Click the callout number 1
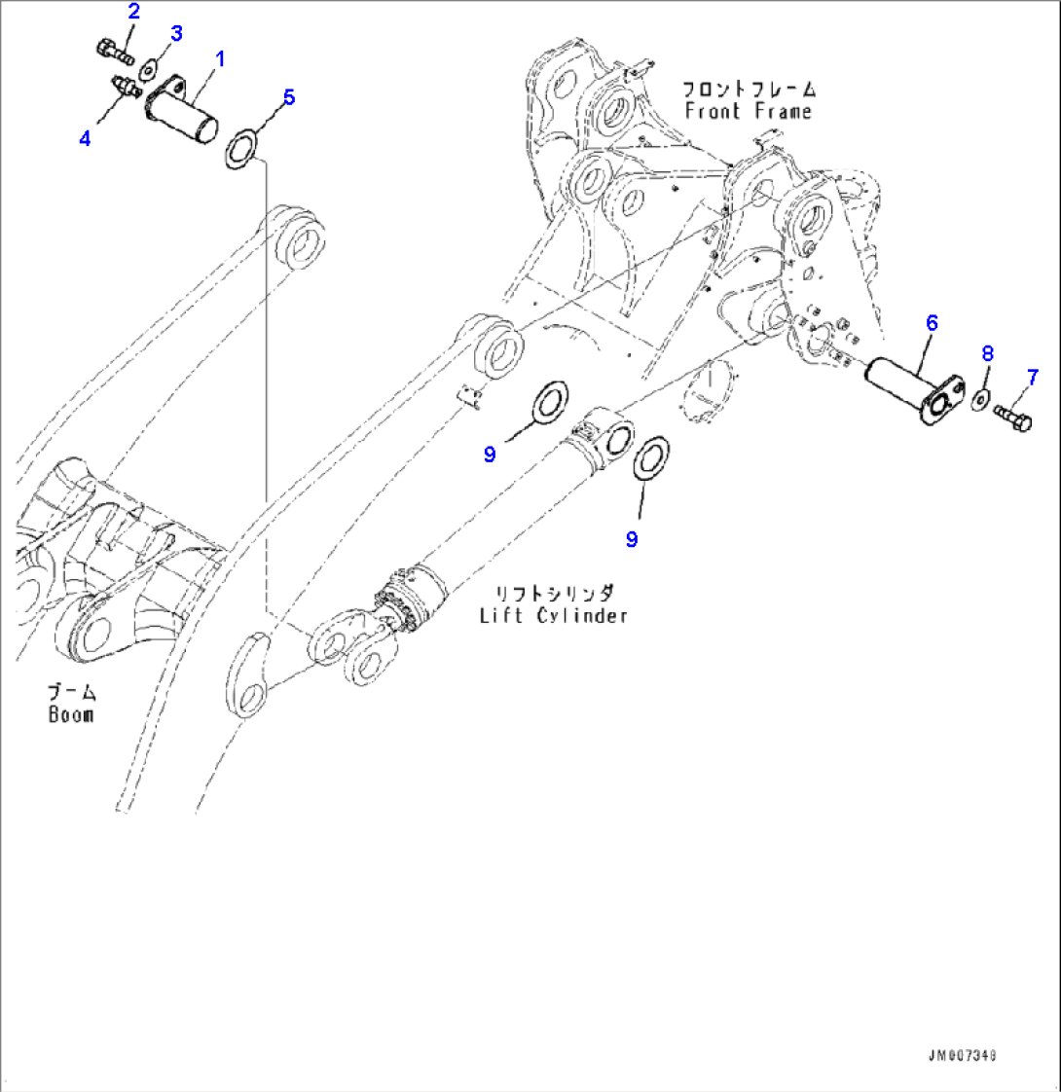pyautogui.click(x=220, y=60)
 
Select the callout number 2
pyautogui.click(x=133, y=11)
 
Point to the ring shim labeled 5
pyautogui.click(x=241, y=148)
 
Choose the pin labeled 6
pyautogui.click(x=913, y=390)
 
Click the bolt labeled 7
pyautogui.click(x=1013, y=416)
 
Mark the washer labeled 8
pyautogui.click(x=979, y=399)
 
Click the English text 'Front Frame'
pyautogui.click(x=749, y=111)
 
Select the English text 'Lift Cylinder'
pyautogui.click(x=554, y=616)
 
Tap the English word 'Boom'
pyautogui.click(x=71, y=714)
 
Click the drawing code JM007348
pyautogui.click(x=962, y=1056)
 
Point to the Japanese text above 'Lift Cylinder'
pyautogui.click(x=554, y=594)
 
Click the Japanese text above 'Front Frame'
pyautogui.click(x=749, y=90)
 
